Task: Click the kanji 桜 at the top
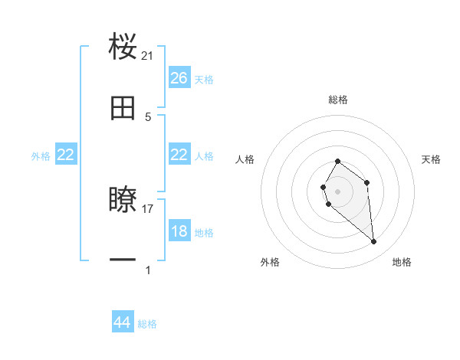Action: (123, 47)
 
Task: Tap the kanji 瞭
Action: (123, 200)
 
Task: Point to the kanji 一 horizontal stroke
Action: (123, 260)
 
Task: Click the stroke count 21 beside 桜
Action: (148, 55)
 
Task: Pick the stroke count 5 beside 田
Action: (148, 116)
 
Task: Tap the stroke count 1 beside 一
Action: (148, 270)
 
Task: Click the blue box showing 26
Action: (179, 78)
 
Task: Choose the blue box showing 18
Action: (179, 231)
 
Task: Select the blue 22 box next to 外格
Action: (66, 155)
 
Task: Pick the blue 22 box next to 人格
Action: (179, 155)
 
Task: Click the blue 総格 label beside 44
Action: (147, 324)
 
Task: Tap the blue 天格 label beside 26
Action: (204, 80)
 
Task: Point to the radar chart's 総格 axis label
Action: (338, 100)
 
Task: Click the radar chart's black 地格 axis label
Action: (402, 262)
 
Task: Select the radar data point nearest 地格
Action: (373, 242)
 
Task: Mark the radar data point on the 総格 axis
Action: (337, 162)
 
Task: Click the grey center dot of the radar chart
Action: (337, 191)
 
